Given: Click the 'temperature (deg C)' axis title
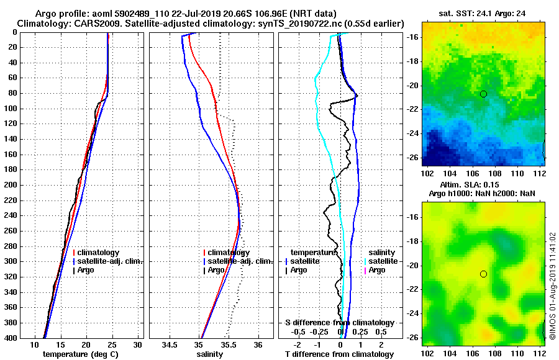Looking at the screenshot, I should point(80,354).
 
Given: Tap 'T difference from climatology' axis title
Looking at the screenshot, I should point(339,354).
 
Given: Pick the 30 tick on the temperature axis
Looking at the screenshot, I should point(138,344).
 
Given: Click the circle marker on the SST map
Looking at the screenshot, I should point(483,94).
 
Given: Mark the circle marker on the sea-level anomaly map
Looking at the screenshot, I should point(483,274).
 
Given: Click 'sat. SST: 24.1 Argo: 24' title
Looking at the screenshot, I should point(483,14).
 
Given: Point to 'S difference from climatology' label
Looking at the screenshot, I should point(339,323).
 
